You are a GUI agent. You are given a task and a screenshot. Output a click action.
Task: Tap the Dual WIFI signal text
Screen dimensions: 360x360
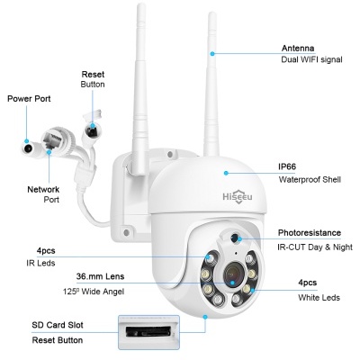[x=312, y=63]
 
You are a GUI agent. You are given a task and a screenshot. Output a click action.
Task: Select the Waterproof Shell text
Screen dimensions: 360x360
[x=310, y=179]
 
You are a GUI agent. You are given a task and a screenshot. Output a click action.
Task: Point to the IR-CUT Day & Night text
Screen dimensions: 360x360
[x=315, y=245]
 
